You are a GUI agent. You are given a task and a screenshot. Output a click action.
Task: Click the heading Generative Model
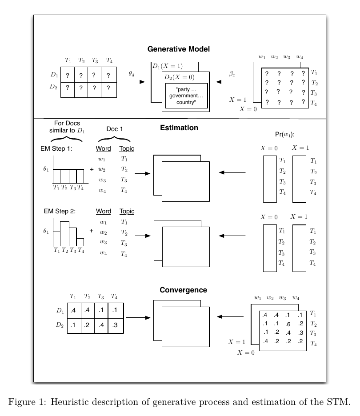coord(178,49)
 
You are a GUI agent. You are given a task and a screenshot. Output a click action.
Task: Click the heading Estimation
coord(179,128)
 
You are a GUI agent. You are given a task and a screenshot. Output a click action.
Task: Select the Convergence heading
coord(183,290)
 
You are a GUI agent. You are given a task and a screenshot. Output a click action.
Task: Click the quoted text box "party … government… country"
coord(186,96)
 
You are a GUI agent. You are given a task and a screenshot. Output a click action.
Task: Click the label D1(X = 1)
coord(168,67)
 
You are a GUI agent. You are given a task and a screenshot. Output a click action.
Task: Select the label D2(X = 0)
coord(180,77)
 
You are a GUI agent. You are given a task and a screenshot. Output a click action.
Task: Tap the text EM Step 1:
coord(58,149)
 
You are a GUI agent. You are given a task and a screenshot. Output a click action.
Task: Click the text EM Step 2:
coord(58,211)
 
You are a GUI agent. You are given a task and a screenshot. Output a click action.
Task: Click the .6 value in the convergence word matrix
coord(288,324)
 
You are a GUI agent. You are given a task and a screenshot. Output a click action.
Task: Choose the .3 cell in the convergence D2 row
coord(115,325)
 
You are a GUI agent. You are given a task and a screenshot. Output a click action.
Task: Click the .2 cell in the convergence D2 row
coord(87,325)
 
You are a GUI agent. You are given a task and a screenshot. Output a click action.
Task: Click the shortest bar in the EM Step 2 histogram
coord(80,242)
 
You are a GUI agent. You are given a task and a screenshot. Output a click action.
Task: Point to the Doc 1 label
coord(115,129)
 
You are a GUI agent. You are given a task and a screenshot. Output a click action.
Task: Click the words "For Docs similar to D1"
coord(67,126)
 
